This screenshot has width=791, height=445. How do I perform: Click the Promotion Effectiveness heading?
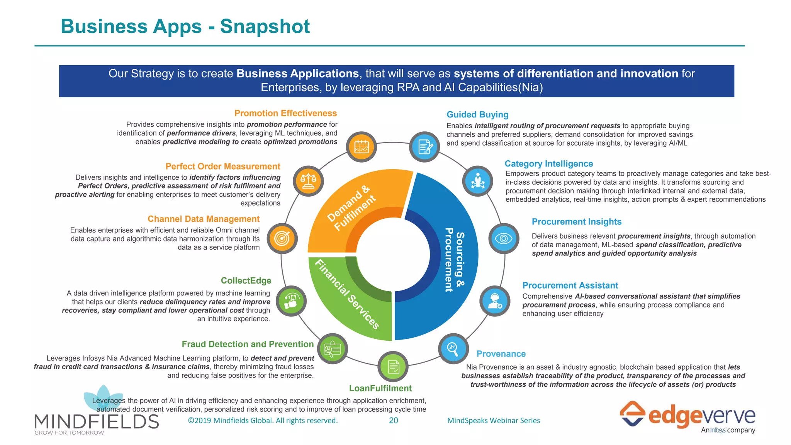285,113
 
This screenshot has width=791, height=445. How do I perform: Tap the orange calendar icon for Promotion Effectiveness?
362,147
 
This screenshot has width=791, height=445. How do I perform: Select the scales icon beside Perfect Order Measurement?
308,181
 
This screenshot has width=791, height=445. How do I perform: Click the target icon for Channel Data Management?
282,238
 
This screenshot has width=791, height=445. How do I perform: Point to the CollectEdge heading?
246,280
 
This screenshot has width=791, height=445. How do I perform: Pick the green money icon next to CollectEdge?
292,301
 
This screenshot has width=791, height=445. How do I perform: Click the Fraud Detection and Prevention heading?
248,344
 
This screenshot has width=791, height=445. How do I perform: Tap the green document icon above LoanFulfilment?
393,367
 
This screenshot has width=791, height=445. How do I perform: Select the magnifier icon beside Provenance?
453,348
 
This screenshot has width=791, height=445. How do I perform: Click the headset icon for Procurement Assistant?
495,301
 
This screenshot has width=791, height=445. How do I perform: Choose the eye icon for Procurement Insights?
504,238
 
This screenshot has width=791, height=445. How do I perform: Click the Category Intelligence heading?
548,164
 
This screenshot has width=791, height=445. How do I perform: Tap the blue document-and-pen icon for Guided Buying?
424,147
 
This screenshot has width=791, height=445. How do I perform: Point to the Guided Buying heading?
477,115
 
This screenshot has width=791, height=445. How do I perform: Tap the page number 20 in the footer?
393,421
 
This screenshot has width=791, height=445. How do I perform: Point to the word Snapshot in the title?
265,27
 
